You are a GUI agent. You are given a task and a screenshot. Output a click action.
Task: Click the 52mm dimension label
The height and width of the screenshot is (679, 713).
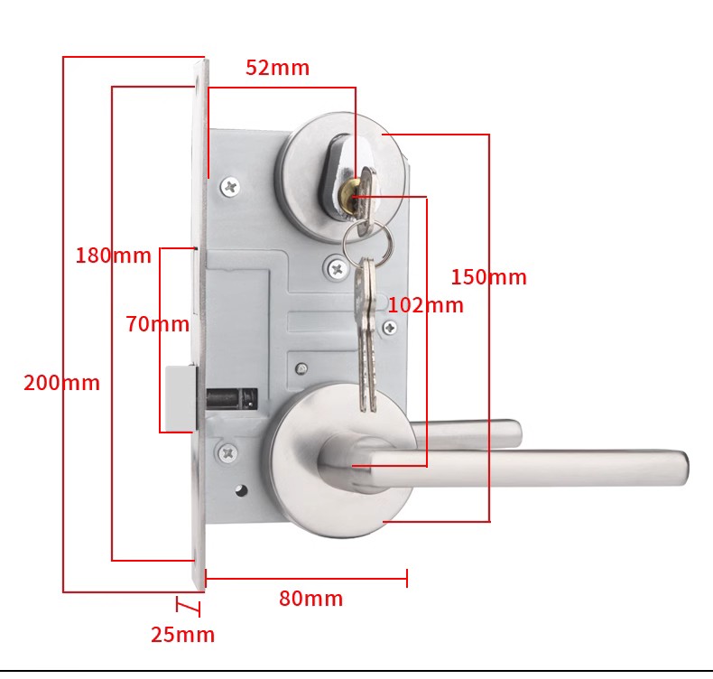point(277,68)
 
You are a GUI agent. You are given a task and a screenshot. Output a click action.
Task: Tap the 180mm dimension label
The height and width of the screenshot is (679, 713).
point(113,256)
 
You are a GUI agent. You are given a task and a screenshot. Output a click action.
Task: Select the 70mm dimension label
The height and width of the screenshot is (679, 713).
point(157,324)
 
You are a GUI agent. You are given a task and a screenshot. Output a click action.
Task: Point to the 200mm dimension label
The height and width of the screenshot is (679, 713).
point(61,383)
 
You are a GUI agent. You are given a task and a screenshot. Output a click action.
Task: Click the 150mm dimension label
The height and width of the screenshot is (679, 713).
point(488,277)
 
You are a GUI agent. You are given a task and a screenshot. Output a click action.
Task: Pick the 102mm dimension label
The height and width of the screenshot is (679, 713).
point(425,305)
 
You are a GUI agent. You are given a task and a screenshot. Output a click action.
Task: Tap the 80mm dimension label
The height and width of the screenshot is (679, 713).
point(310,599)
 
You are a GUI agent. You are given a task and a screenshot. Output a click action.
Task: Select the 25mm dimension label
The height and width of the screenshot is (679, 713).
point(182,635)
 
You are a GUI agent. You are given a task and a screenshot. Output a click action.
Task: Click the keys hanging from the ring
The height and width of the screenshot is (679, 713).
point(365,334)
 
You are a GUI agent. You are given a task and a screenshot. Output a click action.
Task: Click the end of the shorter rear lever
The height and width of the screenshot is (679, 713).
point(514,433)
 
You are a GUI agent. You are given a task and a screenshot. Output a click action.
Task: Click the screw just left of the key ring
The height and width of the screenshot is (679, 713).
point(336,267)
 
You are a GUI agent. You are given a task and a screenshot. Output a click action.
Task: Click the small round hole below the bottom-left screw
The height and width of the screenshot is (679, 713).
point(241,492)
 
